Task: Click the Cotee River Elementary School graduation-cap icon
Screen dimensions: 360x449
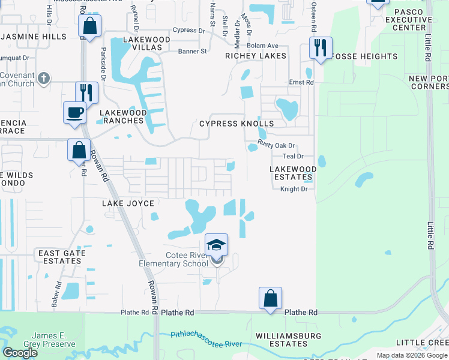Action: tap(216, 245)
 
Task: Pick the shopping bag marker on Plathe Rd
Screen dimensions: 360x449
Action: tap(270, 298)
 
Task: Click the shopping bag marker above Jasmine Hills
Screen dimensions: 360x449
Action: tap(89, 26)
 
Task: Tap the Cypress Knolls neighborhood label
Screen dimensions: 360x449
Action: tap(237, 124)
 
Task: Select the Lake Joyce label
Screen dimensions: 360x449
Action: tap(128, 203)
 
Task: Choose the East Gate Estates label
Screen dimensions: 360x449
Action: tap(62, 257)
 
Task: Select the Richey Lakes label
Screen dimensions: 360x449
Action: tap(256, 56)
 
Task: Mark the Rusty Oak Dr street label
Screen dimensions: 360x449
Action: tap(277, 145)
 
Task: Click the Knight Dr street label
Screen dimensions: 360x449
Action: tap(294, 189)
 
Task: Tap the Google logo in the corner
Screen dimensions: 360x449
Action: tap(20, 353)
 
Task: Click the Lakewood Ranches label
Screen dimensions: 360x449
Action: tap(122, 116)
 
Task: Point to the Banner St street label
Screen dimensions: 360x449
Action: tap(192, 52)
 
